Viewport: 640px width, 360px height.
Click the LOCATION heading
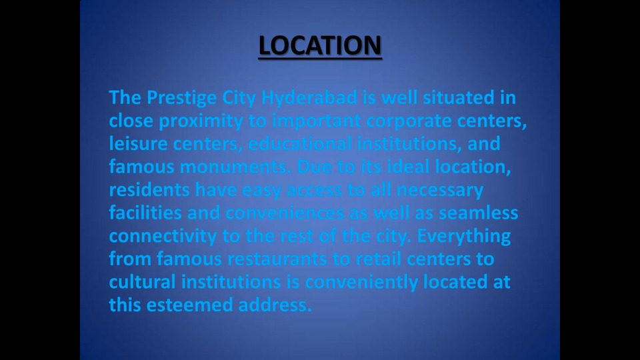[x=320, y=45]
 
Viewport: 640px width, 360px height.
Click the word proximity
[x=201, y=121]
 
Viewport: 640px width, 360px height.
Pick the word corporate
[x=409, y=121]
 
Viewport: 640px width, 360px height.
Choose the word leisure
[x=139, y=144]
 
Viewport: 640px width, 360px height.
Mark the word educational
[x=300, y=144]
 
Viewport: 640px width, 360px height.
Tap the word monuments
[x=233, y=167]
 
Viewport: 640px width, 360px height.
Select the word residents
[x=149, y=190]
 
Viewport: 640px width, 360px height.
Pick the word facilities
[x=145, y=213]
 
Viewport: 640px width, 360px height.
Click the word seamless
[x=479, y=213]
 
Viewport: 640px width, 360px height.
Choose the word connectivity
[x=163, y=237]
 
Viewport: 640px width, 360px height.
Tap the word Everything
[x=464, y=237]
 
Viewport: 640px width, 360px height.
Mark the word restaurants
[x=277, y=259]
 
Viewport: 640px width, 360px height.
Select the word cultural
[x=143, y=281]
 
